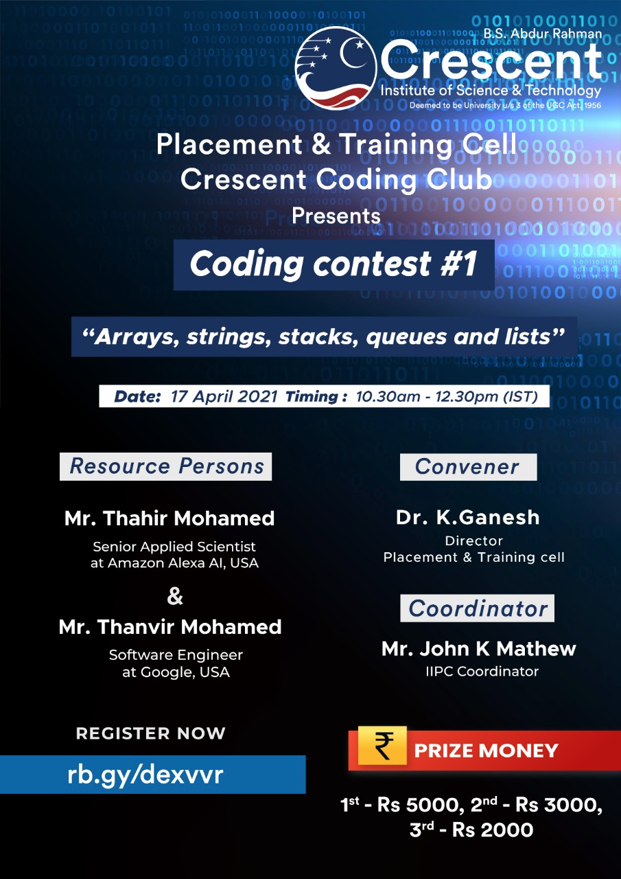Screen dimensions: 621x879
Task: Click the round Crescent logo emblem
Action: click(x=336, y=68)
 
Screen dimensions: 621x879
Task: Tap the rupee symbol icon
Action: click(x=382, y=746)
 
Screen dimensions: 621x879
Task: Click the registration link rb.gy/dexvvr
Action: click(x=145, y=775)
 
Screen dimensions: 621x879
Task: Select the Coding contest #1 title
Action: click(x=333, y=264)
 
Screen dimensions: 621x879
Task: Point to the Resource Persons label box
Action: click(x=165, y=466)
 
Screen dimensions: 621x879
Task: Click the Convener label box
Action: click(x=469, y=467)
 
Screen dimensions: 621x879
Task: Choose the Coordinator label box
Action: click(x=477, y=608)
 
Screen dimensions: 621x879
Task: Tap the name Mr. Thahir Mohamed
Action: click(x=169, y=518)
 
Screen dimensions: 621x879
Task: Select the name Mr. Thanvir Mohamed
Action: click(x=170, y=627)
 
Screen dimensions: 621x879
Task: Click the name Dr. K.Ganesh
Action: click(x=468, y=517)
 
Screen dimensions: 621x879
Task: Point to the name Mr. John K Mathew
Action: click(x=479, y=649)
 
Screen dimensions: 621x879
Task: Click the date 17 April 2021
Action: click(x=224, y=397)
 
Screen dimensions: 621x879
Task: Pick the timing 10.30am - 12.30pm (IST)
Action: click(x=447, y=397)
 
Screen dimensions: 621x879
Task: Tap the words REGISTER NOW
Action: click(x=151, y=733)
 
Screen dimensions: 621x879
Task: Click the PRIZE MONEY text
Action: click(x=486, y=751)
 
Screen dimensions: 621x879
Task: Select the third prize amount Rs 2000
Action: click(x=493, y=830)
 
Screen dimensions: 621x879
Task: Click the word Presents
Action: click(x=336, y=216)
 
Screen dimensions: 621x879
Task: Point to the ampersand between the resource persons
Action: click(x=175, y=595)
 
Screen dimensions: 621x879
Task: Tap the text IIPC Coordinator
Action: click(x=482, y=672)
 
